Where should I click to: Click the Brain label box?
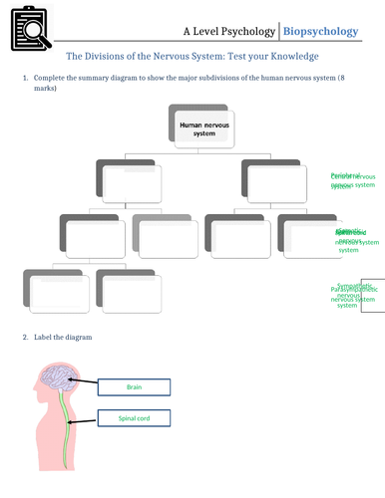[135, 386]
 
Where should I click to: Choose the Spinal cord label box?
[135, 418]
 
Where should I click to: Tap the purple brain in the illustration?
[57, 379]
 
